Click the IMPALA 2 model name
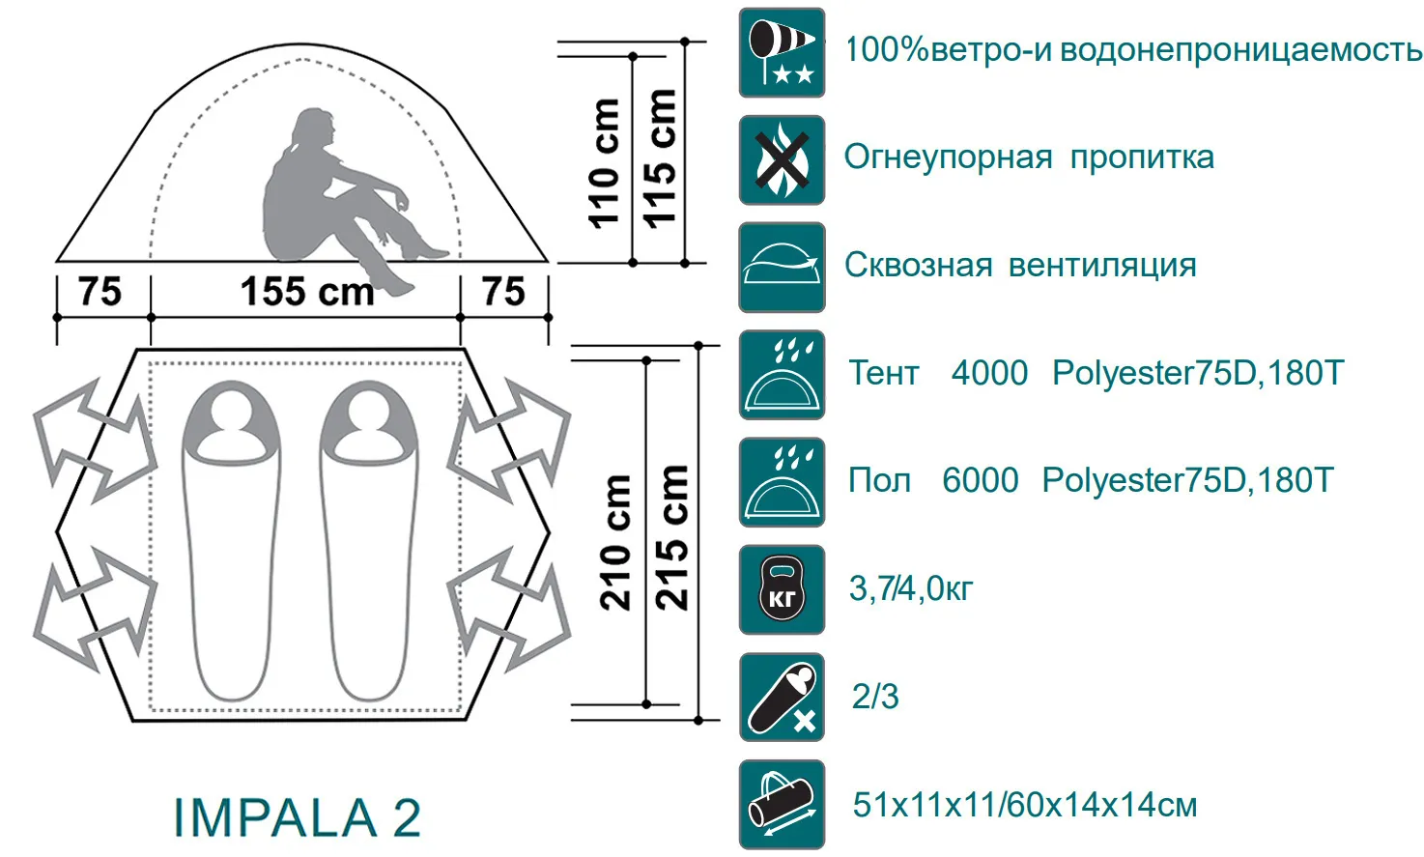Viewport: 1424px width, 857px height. tap(298, 818)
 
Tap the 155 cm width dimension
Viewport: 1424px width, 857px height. tap(306, 292)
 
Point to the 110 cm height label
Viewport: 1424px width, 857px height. tap(604, 162)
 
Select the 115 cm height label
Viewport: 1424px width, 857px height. tap(660, 157)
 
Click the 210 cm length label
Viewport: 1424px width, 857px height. tap(615, 542)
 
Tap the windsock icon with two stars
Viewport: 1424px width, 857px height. tap(782, 53)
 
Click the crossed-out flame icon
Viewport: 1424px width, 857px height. tap(782, 160)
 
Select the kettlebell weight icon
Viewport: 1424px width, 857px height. tap(782, 589)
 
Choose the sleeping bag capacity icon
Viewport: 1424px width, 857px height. tap(782, 697)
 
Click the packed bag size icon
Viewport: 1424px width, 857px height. tap(782, 804)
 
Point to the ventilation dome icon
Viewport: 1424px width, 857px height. tap(782, 268)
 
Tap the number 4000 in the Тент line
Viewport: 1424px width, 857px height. tap(989, 373)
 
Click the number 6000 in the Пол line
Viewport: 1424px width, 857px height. tap(980, 480)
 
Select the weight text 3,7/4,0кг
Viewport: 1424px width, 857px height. tap(911, 588)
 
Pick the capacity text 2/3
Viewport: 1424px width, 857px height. tap(875, 697)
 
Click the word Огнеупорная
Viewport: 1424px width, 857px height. tap(948, 157)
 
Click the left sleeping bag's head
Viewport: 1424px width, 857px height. tap(231, 417)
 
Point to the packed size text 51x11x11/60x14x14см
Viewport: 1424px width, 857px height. tap(1024, 805)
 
